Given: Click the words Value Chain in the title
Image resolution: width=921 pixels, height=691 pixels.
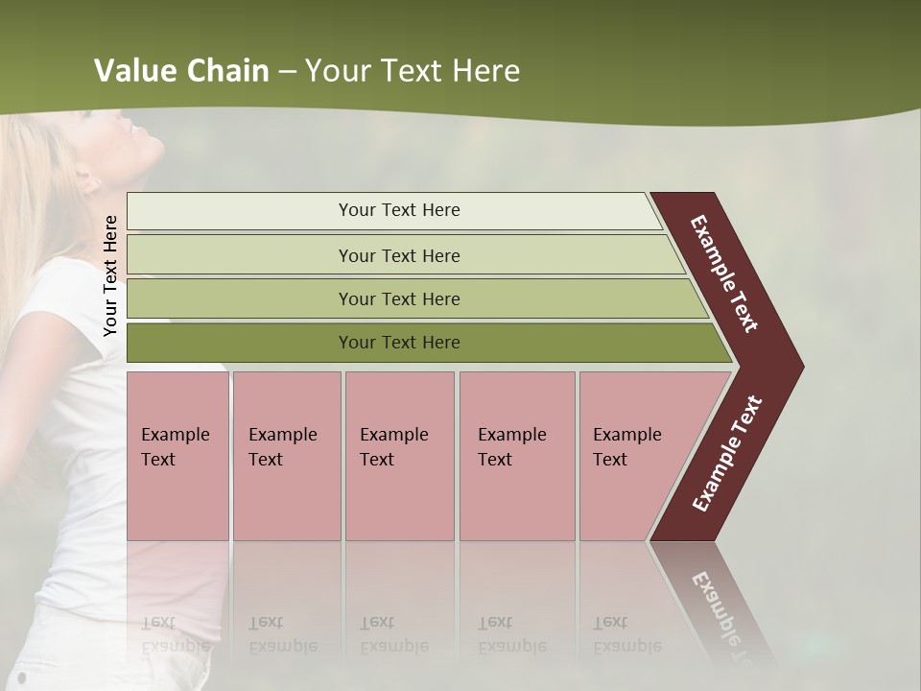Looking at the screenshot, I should coord(181,71).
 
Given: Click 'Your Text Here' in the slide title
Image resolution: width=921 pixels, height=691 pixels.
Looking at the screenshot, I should coord(413,71).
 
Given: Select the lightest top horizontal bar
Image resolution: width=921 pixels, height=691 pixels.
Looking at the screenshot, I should coord(399,210).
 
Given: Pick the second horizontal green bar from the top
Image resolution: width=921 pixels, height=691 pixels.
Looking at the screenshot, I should coord(399,255).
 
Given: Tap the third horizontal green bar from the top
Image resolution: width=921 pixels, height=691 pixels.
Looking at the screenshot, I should coord(399,298).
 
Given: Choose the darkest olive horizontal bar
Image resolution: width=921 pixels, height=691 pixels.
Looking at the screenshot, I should coord(399,343).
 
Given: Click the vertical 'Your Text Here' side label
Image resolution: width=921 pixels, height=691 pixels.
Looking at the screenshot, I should coord(110,275).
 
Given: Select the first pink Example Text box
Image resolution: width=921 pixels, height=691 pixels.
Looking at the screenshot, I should coord(177,456).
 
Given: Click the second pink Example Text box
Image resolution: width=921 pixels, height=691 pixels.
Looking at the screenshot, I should coord(286,456).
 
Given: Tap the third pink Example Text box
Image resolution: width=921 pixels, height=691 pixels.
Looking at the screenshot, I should coord(399,456).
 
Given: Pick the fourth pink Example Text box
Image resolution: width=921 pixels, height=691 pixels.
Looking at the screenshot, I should coord(516,456).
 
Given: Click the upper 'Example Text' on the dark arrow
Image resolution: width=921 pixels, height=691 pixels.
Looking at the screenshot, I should coord(725,274).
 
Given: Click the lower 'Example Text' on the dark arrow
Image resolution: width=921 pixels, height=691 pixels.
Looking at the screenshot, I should coord(727,454).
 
